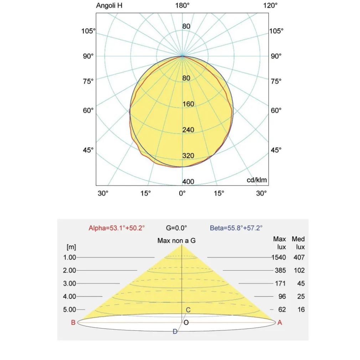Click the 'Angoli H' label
[109, 6]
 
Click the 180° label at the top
[182, 6]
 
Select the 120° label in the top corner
[270, 6]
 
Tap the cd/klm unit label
[257, 180]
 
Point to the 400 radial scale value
[188, 182]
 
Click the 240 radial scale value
[188, 130]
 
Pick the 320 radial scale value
[188, 156]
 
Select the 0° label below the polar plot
[182, 193]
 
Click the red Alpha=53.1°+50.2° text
[117, 228]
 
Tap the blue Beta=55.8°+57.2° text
[236, 228]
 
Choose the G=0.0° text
[176, 228]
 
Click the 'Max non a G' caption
[176, 241]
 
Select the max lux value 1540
[278, 257]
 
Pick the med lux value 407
[299, 257]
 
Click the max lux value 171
[280, 283]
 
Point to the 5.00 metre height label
[70, 310]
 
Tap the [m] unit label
[71, 247]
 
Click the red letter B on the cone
[73, 323]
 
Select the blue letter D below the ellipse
[175, 331]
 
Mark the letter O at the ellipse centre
[186, 323]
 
